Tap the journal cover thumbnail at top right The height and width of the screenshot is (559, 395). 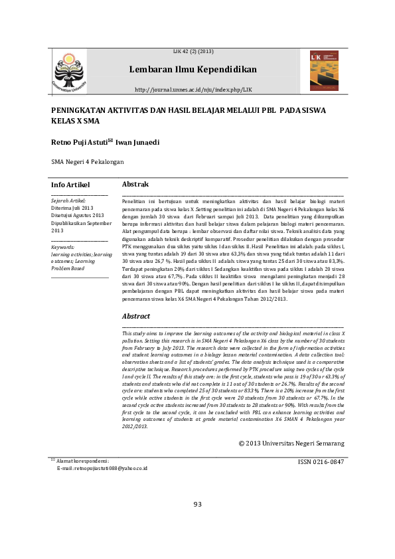tap(323, 71)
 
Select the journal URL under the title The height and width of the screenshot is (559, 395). tap(193, 89)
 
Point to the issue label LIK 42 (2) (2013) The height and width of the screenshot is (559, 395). tap(193, 51)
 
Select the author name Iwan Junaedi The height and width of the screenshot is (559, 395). tap(137, 142)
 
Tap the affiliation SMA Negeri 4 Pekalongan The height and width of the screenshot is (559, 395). tap(88, 161)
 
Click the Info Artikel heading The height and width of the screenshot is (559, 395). tap(70, 185)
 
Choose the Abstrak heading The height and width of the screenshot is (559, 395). tap(135, 184)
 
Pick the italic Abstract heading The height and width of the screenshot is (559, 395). tap(137, 317)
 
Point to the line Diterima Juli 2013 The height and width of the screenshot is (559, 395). tap(72, 208)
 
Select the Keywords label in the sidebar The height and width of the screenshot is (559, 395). tap(63, 247)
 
